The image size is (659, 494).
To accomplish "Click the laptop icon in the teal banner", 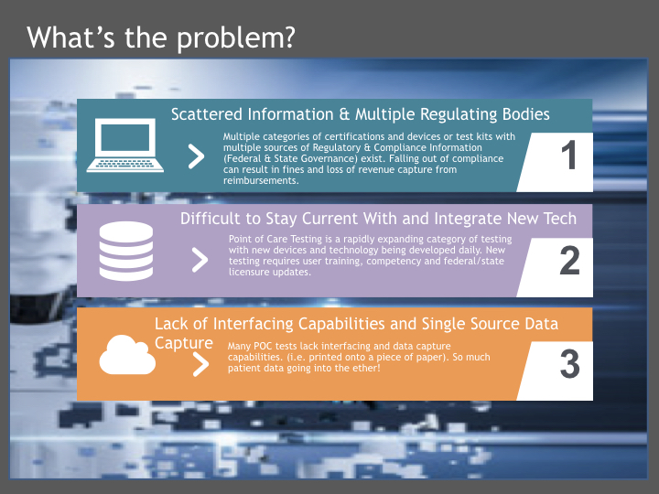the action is tap(125, 145).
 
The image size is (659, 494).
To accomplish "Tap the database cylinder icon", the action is tap(126, 251).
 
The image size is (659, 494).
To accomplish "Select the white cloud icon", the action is tap(127, 355).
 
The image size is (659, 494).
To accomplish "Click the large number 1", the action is tap(569, 155).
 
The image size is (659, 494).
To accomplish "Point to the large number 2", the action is tap(569, 261).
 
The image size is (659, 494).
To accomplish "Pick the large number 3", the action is tap(570, 364).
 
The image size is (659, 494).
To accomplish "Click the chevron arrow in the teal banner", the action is tap(196, 156).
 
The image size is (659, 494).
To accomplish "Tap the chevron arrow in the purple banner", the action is tap(200, 260).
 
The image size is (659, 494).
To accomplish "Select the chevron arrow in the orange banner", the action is tap(200, 364).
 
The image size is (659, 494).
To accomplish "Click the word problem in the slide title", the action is tap(236, 38).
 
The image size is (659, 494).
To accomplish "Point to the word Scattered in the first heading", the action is tap(207, 114).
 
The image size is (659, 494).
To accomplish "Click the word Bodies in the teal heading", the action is tap(525, 114).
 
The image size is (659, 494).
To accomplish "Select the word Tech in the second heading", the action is tap(560, 219).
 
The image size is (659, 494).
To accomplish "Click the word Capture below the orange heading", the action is tap(184, 344).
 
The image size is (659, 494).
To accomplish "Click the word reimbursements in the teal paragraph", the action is tap(261, 180).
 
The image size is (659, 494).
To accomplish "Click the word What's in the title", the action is tap(70, 38).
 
